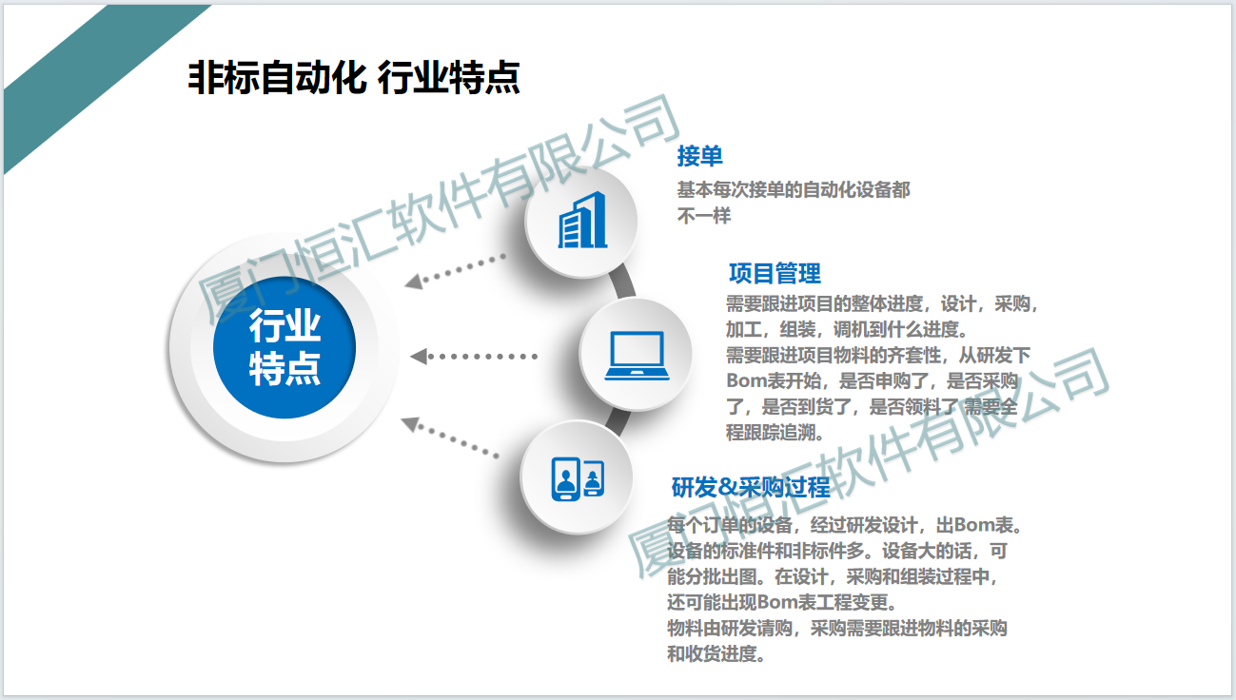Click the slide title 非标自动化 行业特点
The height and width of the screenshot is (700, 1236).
coord(354,77)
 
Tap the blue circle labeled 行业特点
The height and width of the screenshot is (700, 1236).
coord(284,347)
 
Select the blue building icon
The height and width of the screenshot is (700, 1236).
coord(582,220)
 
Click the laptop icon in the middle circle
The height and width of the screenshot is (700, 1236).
coord(637,356)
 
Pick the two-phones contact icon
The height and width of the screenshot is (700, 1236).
coord(578,478)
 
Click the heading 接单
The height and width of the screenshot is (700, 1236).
coord(699,156)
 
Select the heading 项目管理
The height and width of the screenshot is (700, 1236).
coord(775,273)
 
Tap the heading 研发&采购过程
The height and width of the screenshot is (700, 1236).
coord(751,487)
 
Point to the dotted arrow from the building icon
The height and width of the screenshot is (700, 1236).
coord(455,271)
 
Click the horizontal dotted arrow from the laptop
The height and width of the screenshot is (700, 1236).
coord(474,357)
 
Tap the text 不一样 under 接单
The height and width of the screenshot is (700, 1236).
coord(703,216)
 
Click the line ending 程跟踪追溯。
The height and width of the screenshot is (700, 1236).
coord(775,433)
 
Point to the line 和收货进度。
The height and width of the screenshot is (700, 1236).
coord(716,653)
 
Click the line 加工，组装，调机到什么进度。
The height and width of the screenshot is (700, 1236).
coord(847,329)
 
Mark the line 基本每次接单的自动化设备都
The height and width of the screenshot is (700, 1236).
coord(794,190)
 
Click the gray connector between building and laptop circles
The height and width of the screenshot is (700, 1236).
coord(623,281)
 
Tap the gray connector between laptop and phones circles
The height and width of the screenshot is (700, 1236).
coord(618,422)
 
